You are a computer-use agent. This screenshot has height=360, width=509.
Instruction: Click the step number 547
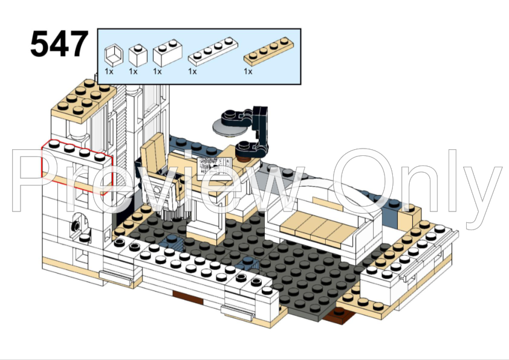point(59,45)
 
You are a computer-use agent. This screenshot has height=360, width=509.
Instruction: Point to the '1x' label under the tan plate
point(248,71)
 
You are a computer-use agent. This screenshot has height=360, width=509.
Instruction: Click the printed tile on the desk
point(215,164)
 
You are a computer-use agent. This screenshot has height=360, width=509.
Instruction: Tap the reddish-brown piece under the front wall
point(189,296)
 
